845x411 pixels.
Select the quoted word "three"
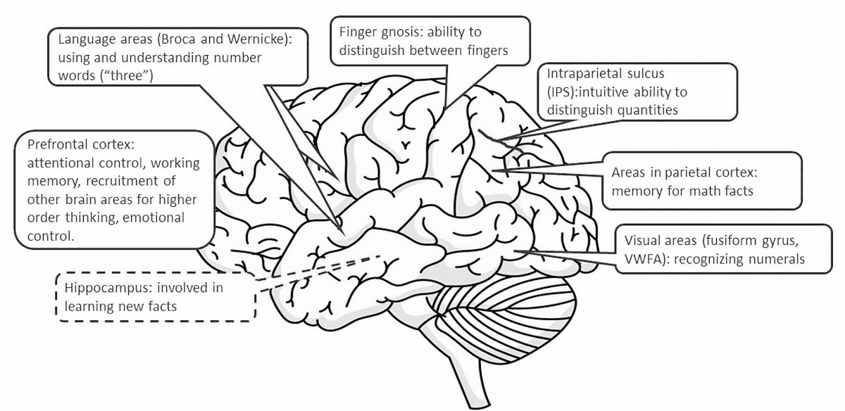(128, 75)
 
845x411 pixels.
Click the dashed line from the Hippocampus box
(317, 269)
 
